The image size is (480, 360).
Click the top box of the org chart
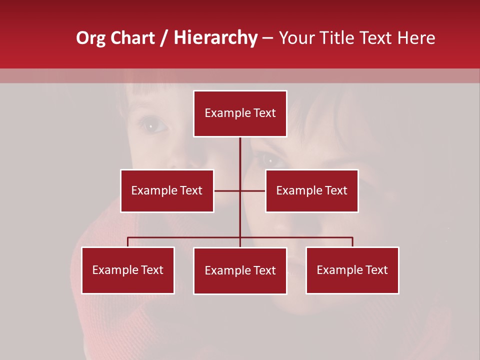point(240,113)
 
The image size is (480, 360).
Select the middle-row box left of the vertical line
point(167,190)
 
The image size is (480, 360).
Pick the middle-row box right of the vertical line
point(312,190)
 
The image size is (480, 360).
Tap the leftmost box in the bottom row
point(128,270)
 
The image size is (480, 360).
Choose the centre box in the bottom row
point(240,270)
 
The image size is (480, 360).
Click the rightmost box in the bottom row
point(352,270)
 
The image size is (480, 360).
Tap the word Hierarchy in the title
point(215,38)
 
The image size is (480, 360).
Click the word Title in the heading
point(337,38)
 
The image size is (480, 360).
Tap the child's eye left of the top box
point(151,125)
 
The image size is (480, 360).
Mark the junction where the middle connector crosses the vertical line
point(240,190)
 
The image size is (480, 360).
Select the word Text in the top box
point(264,113)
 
